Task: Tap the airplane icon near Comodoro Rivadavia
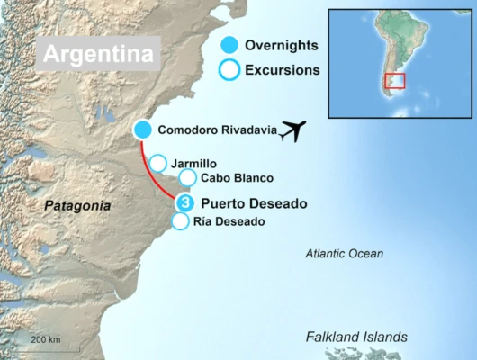coord(293,131)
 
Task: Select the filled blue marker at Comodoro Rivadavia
coord(142,130)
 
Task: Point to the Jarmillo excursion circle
coord(157,163)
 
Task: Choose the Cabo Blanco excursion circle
coord(187,178)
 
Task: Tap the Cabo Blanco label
coord(238,178)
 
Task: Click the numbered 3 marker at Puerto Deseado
coord(184,203)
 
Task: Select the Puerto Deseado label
coord(254,203)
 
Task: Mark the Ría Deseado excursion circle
coord(180,221)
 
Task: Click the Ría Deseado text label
coord(229,221)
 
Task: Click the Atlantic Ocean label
coord(344,254)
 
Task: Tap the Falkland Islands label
coord(356,336)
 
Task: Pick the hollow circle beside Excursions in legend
coord(230,69)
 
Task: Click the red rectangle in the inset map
coord(394,81)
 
